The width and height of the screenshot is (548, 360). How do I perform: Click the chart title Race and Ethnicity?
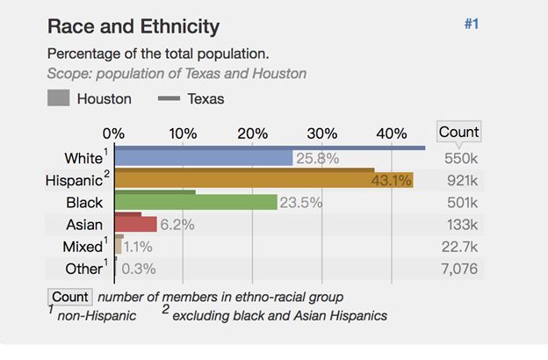(133, 26)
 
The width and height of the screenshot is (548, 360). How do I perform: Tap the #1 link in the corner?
(471, 25)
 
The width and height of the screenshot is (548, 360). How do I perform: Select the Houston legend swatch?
(59, 98)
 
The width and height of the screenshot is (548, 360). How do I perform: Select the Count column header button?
(458, 133)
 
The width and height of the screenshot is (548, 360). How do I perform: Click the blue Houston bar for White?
(203, 159)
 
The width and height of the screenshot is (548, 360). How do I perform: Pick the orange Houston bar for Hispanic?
(263, 181)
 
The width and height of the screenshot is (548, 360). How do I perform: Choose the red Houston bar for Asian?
(135, 225)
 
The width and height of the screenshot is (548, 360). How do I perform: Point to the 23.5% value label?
(301, 203)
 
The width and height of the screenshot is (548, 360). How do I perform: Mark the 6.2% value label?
(177, 225)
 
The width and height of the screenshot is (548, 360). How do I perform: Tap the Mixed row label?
(83, 247)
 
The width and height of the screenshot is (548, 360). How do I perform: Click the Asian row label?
(84, 225)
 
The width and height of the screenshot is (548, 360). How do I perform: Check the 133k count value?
(462, 225)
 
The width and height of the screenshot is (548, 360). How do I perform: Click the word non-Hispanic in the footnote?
(97, 316)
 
